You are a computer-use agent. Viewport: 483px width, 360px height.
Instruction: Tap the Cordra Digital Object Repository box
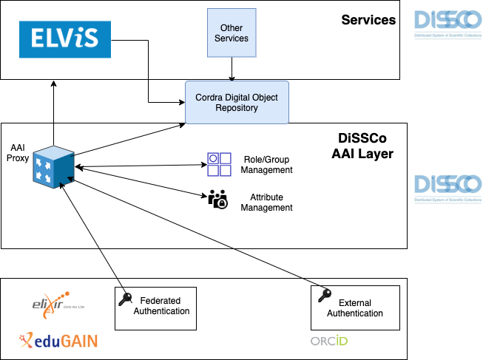(236, 103)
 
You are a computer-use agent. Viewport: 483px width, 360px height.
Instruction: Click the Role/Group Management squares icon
(219, 164)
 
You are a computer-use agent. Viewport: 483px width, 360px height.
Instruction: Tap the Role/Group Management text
(268, 164)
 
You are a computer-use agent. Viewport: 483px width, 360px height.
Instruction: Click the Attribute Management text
(266, 203)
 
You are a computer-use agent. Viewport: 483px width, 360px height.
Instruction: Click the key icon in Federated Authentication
(125, 298)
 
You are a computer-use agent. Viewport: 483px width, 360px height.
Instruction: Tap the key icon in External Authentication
(324, 296)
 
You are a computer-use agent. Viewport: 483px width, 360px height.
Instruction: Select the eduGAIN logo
(58, 341)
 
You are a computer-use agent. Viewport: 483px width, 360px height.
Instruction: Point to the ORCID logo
(328, 341)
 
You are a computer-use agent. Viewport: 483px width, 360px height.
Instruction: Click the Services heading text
(368, 20)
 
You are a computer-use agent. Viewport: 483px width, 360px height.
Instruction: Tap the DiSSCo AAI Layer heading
(362, 147)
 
